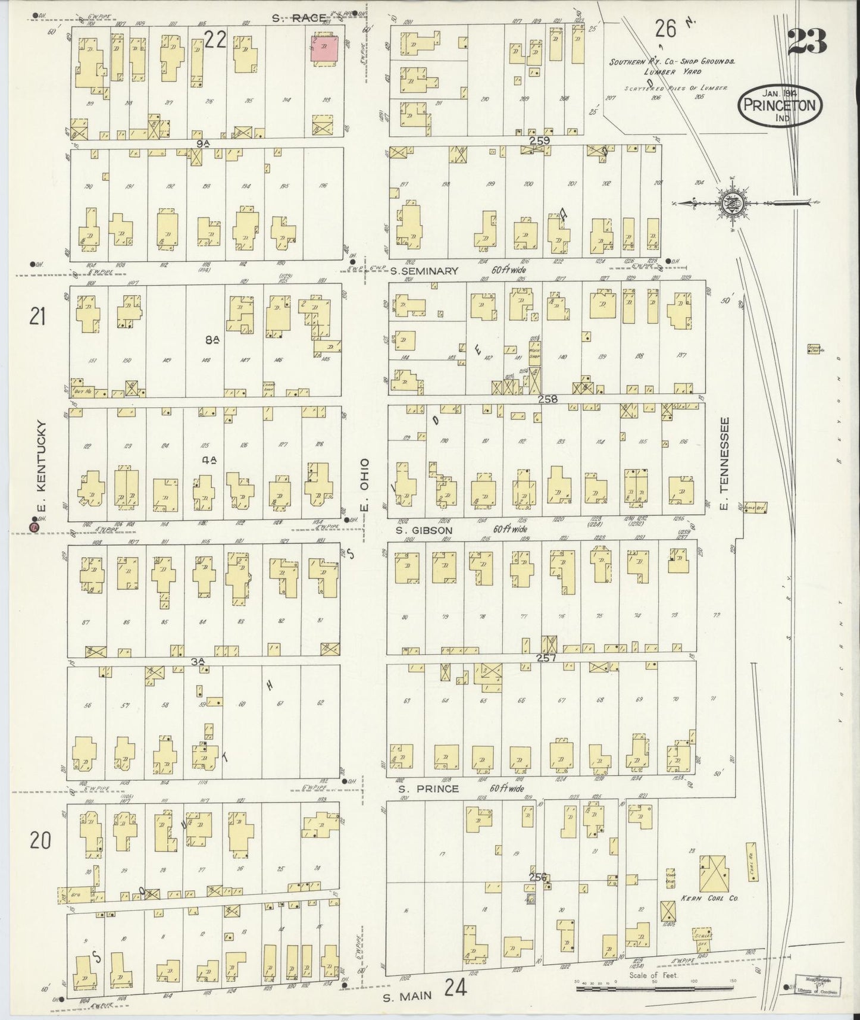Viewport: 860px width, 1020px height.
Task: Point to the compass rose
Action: click(731, 204)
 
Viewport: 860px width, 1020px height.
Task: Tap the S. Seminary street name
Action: click(425, 271)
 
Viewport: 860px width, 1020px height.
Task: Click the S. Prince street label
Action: click(429, 789)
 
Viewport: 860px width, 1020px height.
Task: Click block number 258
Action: click(547, 399)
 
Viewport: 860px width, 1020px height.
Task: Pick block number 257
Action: click(546, 658)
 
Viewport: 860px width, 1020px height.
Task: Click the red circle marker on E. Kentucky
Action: click(35, 527)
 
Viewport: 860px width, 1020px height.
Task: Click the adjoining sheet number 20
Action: click(40, 840)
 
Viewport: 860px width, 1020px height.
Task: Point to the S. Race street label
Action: click(301, 18)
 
